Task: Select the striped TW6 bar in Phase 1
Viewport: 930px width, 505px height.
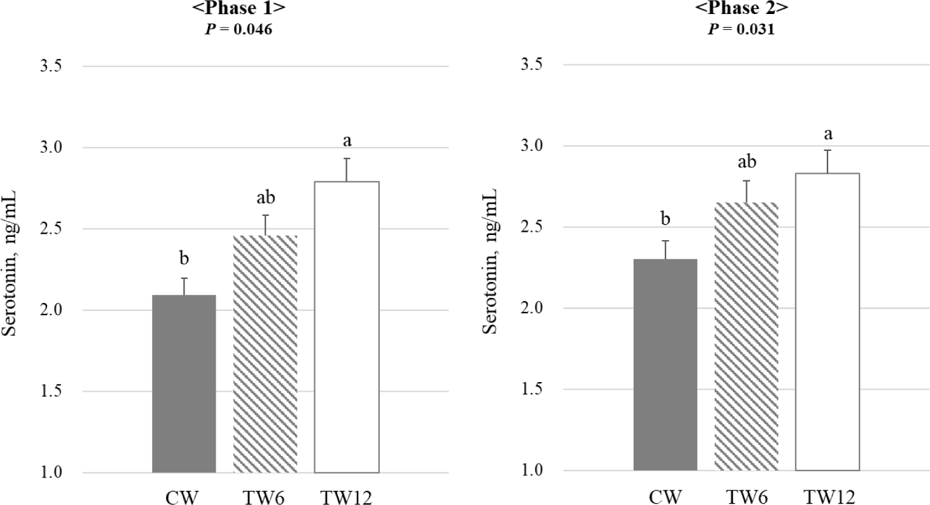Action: [265, 353]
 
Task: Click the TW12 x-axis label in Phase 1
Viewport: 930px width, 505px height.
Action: [347, 495]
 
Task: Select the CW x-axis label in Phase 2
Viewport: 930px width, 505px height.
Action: [665, 495]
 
